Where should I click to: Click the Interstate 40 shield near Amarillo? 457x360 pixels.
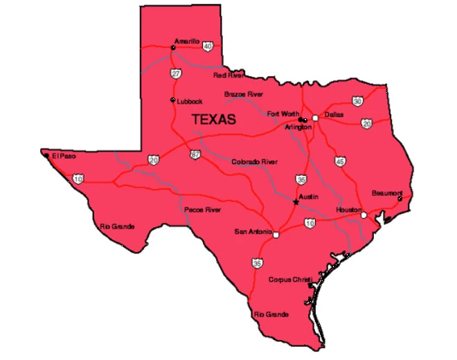click(208, 45)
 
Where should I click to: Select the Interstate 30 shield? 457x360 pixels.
click(357, 101)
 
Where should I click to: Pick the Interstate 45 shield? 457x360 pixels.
click(339, 161)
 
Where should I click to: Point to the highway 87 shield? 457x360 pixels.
click(196, 154)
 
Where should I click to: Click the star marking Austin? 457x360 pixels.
click(296, 202)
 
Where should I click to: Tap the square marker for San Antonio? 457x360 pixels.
click(276, 235)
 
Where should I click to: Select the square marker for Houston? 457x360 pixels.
click(364, 215)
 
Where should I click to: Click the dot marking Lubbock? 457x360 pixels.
click(172, 100)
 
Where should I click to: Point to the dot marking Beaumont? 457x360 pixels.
click(400, 199)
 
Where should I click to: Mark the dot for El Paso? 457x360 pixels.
click(46, 156)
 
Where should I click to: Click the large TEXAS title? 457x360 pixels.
click(213, 120)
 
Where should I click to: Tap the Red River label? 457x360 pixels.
click(228, 75)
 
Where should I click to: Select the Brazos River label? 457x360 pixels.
click(243, 93)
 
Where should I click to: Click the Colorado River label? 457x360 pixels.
click(254, 161)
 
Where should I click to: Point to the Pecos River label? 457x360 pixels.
click(202, 209)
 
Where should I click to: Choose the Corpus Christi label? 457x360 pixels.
click(289, 280)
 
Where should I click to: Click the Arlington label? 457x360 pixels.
click(298, 127)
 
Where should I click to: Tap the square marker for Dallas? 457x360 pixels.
click(315, 118)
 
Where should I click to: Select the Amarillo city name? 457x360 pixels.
click(186, 41)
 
